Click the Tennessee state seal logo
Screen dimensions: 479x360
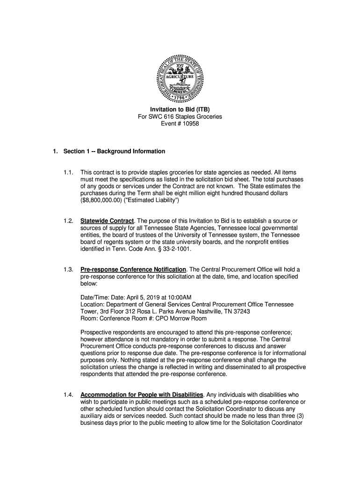click(x=180, y=78)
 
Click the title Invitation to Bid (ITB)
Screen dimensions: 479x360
click(x=180, y=109)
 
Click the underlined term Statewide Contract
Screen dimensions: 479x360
click(x=107, y=221)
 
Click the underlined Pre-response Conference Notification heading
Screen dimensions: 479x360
click(x=133, y=269)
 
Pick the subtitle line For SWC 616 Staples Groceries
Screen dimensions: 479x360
click(x=180, y=116)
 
